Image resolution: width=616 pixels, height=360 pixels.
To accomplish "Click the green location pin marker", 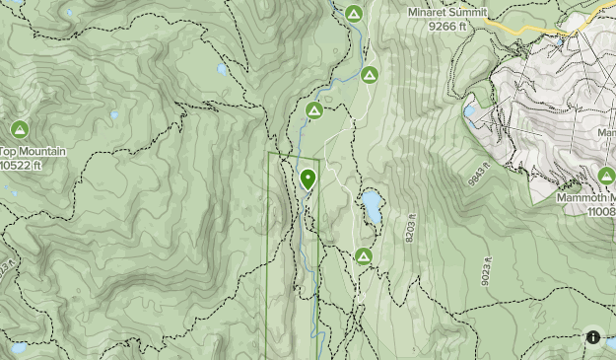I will [x=308, y=180].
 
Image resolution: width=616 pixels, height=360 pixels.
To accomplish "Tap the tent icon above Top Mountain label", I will [x=20, y=129].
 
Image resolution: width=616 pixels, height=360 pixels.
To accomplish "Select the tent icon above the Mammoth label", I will [x=605, y=176].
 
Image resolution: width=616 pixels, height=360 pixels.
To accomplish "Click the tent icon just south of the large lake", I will [x=363, y=256].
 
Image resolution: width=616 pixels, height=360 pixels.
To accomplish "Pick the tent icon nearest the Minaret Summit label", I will [x=354, y=13].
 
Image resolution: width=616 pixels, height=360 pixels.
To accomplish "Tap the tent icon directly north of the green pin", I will [x=314, y=110].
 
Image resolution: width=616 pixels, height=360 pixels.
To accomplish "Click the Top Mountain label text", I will [x=33, y=152].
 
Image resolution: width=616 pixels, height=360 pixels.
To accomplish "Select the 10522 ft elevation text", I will [x=21, y=166].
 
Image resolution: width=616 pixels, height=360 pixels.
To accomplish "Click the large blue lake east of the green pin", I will [x=372, y=206].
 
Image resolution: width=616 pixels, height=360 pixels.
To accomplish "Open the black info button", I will [x=592, y=336].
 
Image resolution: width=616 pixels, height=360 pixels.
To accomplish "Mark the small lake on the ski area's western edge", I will [x=469, y=109].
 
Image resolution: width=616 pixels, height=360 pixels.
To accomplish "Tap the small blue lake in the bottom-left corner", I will [x=18, y=347].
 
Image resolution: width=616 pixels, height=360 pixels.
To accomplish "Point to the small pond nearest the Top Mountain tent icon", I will [x=68, y=124].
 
